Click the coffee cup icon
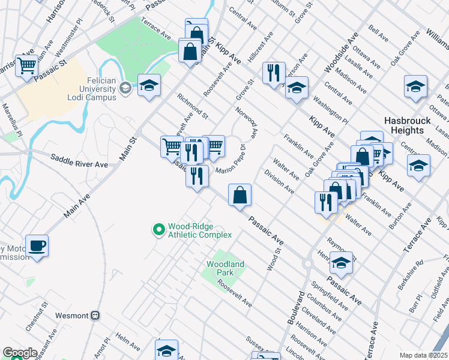[37, 246]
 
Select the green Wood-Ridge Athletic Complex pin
[158, 229]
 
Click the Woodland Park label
[225, 268]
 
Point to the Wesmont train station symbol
[95, 315]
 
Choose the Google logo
[20, 353]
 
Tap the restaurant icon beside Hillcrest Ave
[274, 73]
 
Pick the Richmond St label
[192, 106]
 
